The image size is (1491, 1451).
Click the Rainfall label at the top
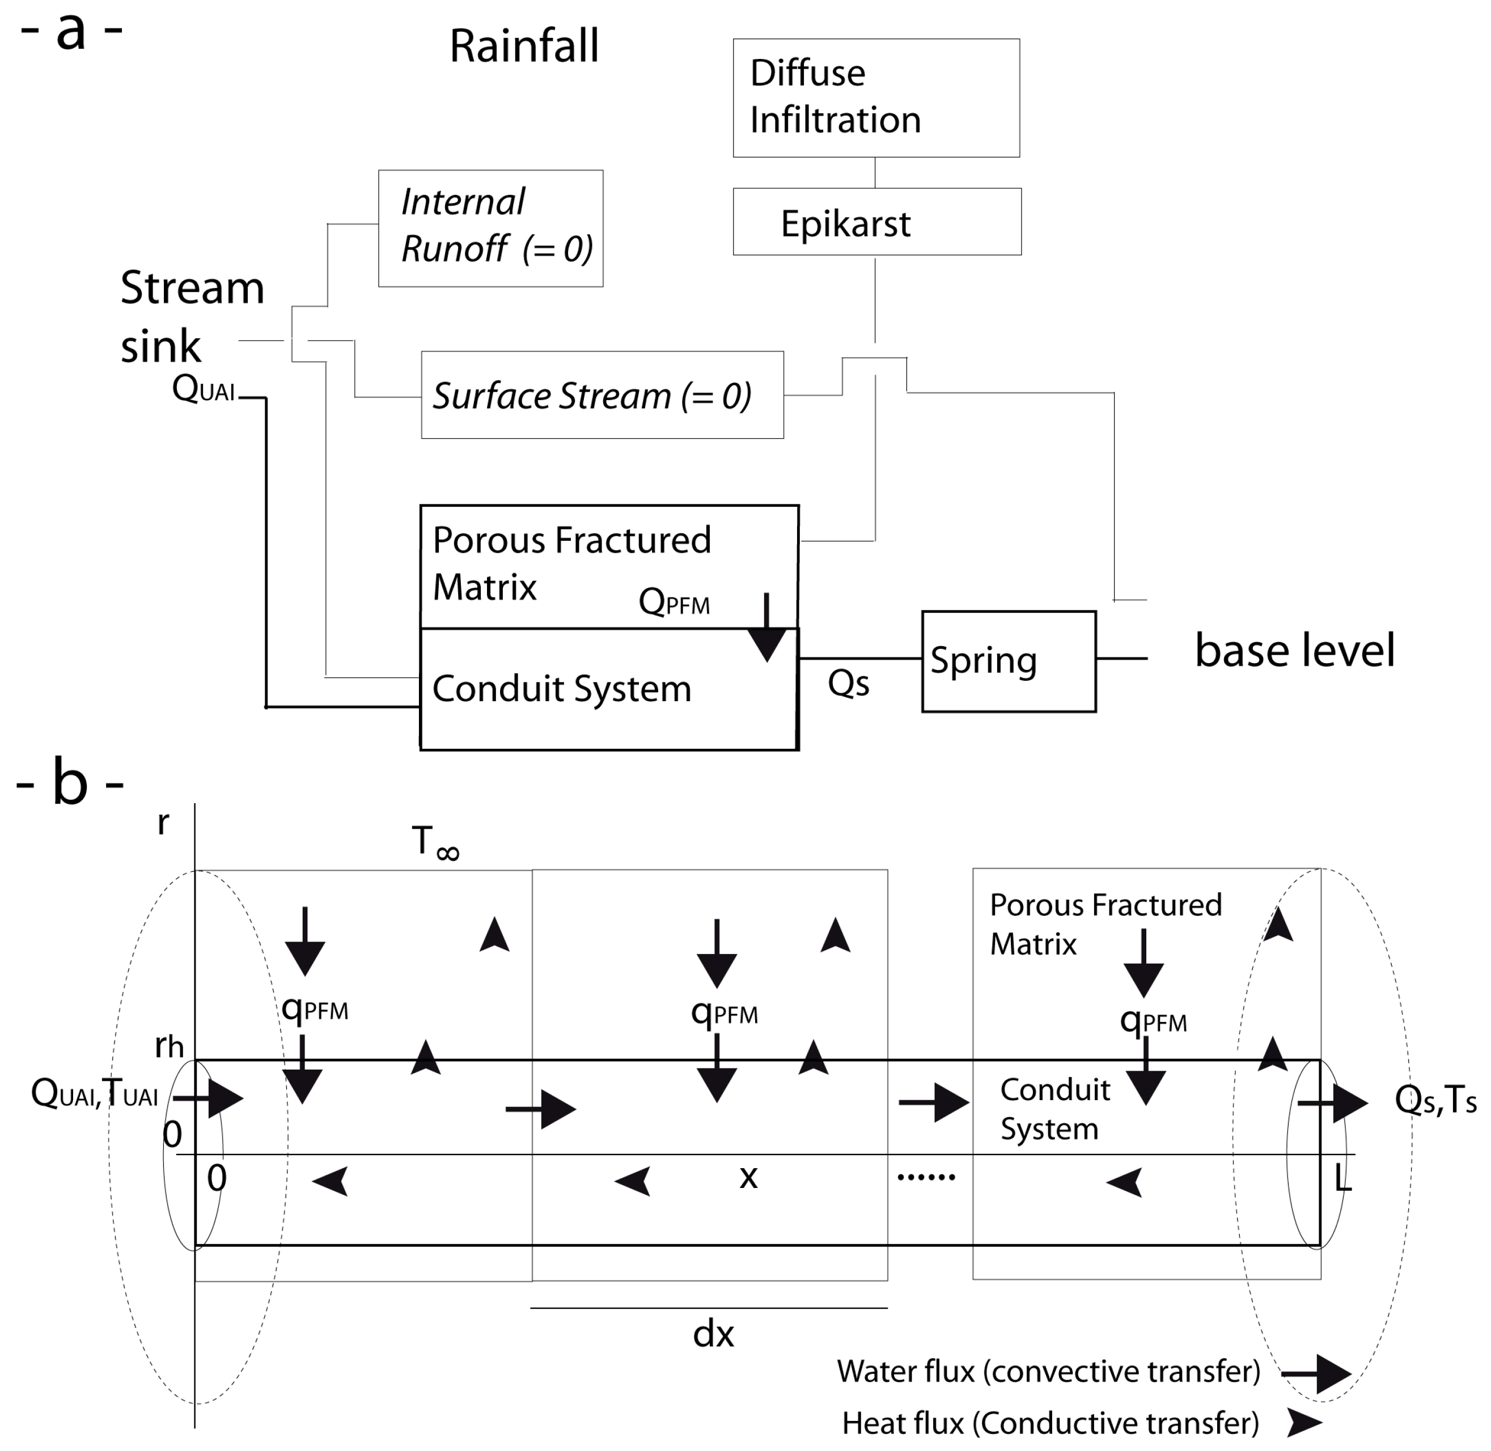click(524, 46)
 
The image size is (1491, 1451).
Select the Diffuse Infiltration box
click(875, 97)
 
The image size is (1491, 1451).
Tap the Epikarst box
click(876, 222)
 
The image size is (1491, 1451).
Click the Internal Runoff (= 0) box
click(490, 228)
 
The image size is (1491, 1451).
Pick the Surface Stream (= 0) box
click(602, 394)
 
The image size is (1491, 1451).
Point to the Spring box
click(1008, 661)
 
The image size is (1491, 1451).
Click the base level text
click(1294, 650)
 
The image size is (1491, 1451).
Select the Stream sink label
click(192, 316)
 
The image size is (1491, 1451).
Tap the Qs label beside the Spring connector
click(848, 683)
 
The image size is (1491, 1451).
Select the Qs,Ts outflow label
click(1435, 1100)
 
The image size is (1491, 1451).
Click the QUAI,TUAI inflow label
click(95, 1094)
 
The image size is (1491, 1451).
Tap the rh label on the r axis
click(169, 1046)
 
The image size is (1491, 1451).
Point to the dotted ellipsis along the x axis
click(926, 1177)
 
